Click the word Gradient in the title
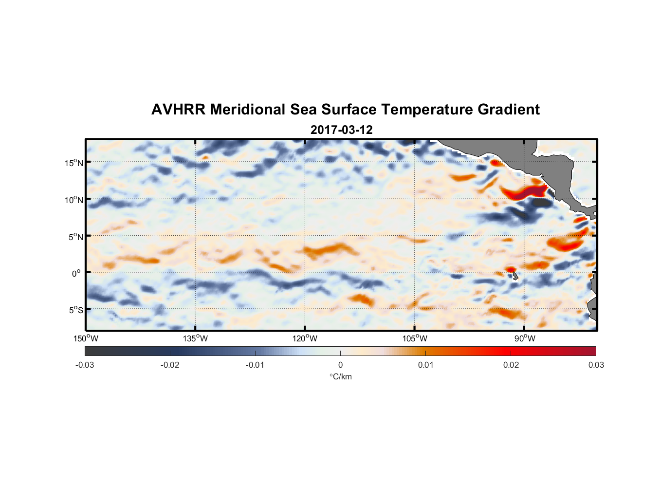(508, 110)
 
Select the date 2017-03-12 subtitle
(341, 130)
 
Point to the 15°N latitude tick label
(73, 163)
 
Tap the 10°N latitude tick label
(73, 200)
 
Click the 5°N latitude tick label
(75, 237)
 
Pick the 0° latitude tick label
(76, 273)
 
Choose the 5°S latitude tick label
(75, 310)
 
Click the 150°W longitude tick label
(86, 338)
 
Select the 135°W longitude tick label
(195, 338)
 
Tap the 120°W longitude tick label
(305, 338)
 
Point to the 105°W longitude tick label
(415, 338)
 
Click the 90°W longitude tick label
(524, 338)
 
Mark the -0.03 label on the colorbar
(85, 365)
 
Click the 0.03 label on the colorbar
(596, 365)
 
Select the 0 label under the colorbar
(340, 365)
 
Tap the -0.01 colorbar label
(255, 365)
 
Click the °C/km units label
(340, 376)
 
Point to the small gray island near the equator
(515, 276)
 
